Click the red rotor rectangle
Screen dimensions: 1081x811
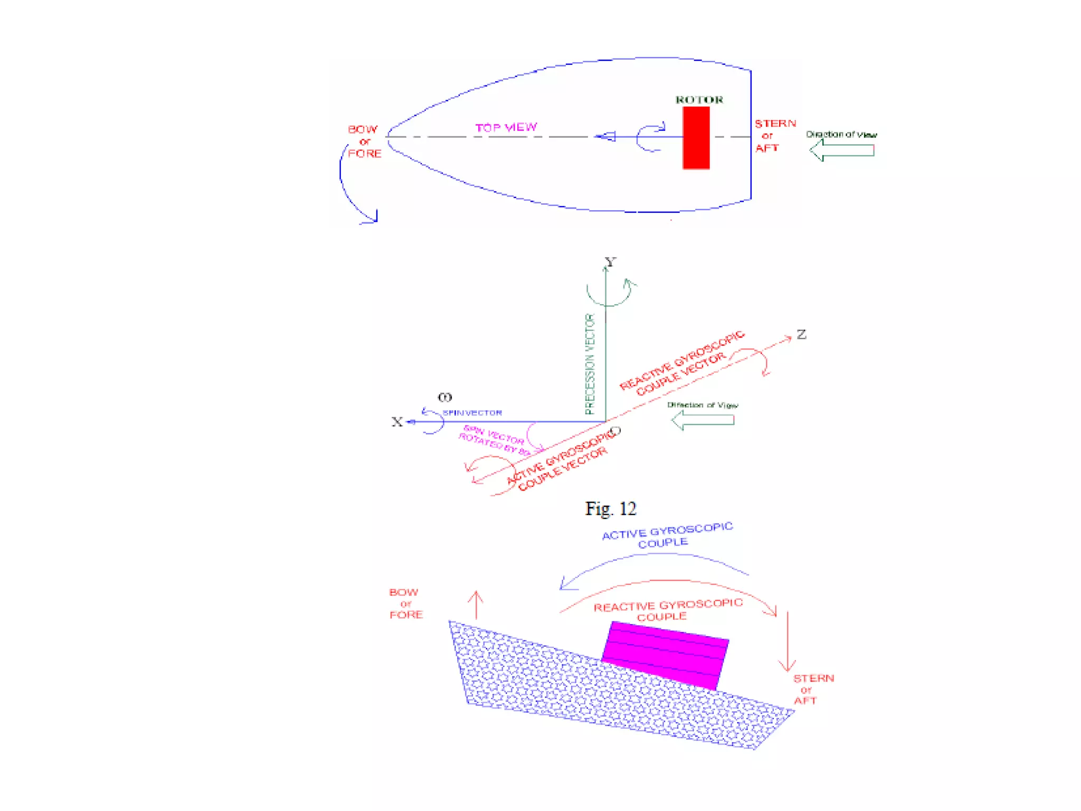click(x=696, y=138)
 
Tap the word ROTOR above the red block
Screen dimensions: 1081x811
click(x=699, y=100)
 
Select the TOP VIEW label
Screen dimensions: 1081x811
click(x=506, y=128)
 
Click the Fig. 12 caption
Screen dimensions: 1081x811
click(x=611, y=508)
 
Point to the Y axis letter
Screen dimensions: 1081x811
click(x=611, y=262)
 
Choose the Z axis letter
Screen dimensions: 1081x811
click(x=801, y=334)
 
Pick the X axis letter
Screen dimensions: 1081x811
click(x=397, y=422)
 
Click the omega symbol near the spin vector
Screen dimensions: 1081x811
click(x=445, y=397)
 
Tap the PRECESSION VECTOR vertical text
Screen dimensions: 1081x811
click(x=590, y=364)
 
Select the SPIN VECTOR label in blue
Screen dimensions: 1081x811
click(x=472, y=413)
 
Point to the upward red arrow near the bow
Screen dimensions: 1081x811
click(x=476, y=605)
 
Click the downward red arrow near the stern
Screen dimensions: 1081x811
click(x=787, y=642)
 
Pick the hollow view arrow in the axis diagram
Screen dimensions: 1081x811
click(x=703, y=420)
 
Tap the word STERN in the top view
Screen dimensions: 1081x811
click(x=775, y=124)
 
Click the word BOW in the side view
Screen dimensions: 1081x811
click(x=404, y=592)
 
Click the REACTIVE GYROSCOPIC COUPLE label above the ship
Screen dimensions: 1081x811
click(x=668, y=610)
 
